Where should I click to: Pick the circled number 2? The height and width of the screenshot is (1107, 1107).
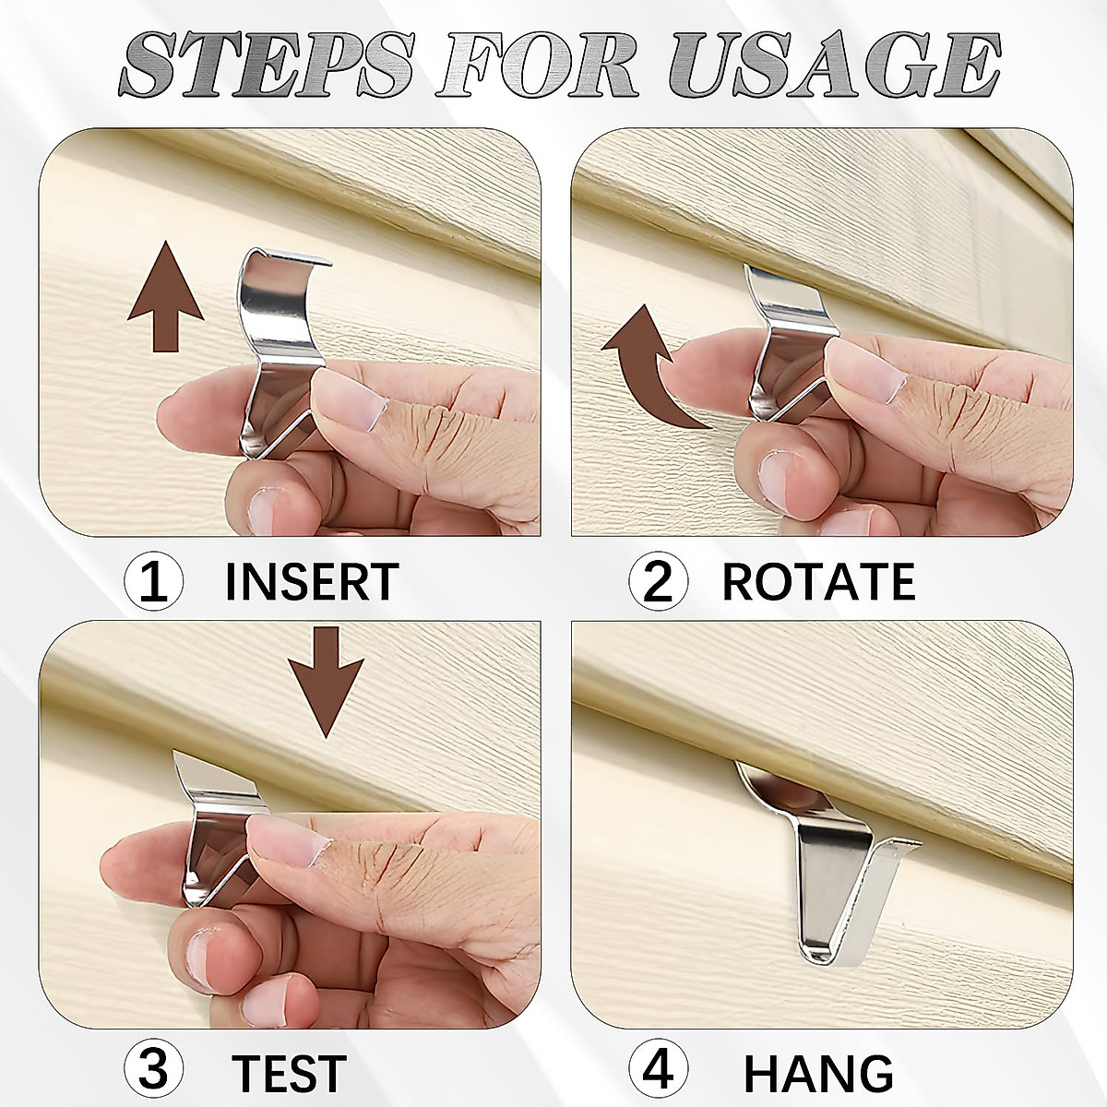coord(659,583)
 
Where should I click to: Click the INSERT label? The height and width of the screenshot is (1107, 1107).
coord(311,582)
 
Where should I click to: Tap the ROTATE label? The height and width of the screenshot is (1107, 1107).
coord(817,582)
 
